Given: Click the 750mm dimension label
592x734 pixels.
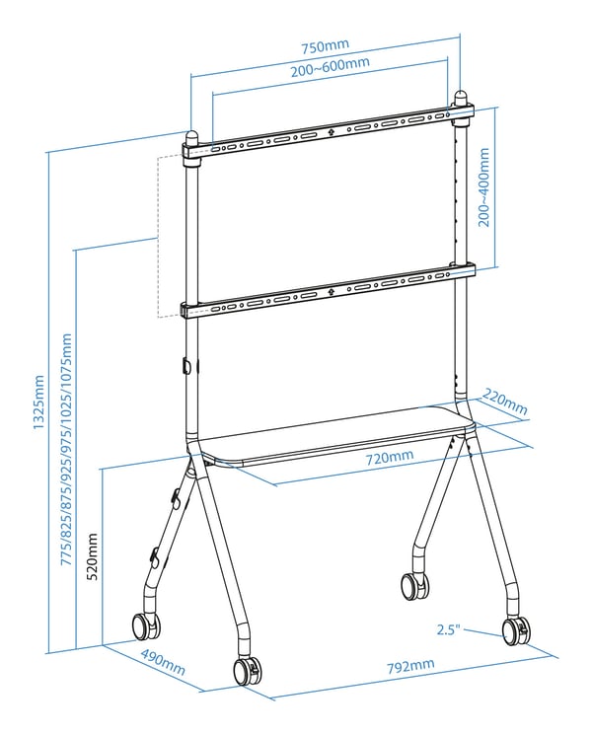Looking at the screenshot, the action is click(x=325, y=46).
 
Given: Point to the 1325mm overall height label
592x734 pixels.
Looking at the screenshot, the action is click(x=38, y=403).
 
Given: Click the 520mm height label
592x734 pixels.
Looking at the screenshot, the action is click(x=93, y=556).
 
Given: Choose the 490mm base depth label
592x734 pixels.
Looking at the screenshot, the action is click(x=163, y=662).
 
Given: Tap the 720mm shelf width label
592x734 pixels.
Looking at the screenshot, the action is click(x=390, y=457).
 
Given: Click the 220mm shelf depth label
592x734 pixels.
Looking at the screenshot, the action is click(x=504, y=403).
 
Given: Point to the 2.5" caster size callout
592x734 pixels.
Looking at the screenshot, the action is click(x=449, y=629).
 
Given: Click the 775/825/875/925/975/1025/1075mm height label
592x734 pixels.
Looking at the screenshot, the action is click(x=67, y=450).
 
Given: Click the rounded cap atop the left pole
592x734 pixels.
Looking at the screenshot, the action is click(x=192, y=138).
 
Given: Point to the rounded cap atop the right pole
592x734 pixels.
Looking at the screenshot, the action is click(x=461, y=99).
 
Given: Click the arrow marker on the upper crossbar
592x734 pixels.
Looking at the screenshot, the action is click(x=331, y=132).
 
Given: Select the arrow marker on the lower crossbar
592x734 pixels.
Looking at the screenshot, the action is click(x=331, y=292).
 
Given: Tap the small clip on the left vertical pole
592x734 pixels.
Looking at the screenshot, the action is click(x=186, y=366).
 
